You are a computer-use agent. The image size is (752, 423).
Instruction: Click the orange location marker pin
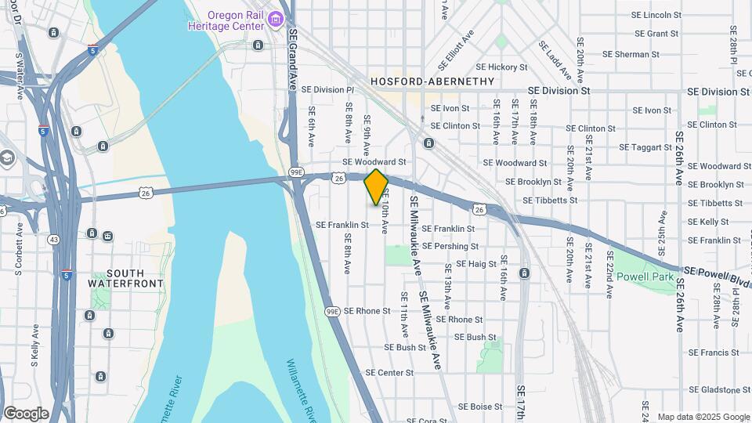[376, 186]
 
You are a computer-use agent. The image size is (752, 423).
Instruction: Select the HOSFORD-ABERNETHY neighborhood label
[432, 81]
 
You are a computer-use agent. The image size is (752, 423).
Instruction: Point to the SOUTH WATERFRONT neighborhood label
[125, 277]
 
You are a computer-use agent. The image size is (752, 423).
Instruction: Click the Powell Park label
[645, 277]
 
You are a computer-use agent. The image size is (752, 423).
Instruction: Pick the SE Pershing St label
[450, 246]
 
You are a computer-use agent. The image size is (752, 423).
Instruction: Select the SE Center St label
[389, 373]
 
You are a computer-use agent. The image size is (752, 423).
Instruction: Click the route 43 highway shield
[54, 238]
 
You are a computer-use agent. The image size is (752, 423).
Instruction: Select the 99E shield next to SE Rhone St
[332, 311]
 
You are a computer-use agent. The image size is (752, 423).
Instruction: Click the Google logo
[26, 414]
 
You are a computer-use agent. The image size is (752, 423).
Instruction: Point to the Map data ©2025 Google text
[703, 417]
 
